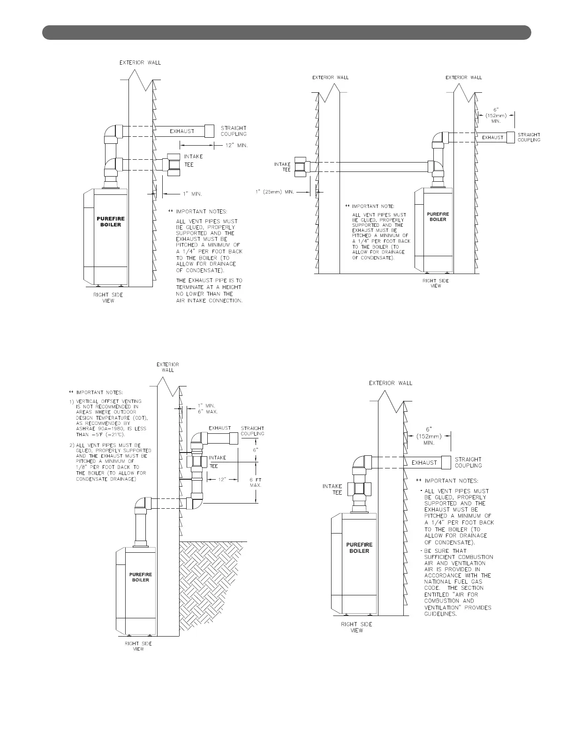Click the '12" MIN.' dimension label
[x=236, y=146]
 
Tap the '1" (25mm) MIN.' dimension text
[x=275, y=192]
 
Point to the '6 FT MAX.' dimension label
[x=255, y=482]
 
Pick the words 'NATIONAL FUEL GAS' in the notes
[x=453, y=582]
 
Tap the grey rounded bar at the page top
[x=287, y=33]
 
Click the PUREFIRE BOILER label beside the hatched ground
[x=140, y=577]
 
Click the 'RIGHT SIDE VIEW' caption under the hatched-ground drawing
[x=138, y=646]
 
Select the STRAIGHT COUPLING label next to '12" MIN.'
[x=233, y=131]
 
